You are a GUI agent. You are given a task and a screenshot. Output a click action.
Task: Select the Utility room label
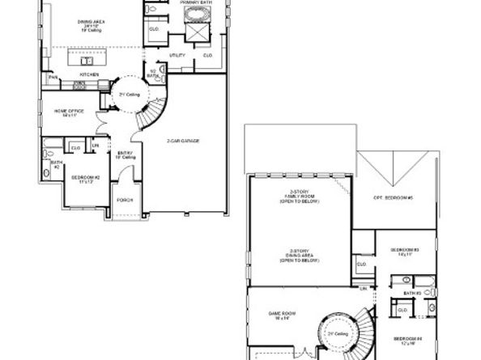[x=177, y=55]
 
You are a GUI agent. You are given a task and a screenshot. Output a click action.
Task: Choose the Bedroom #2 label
[x=83, y=177]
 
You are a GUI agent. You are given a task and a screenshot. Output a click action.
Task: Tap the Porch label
[x=124, y=201]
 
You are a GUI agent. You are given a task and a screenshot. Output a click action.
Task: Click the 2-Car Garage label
[x=185, y=141]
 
